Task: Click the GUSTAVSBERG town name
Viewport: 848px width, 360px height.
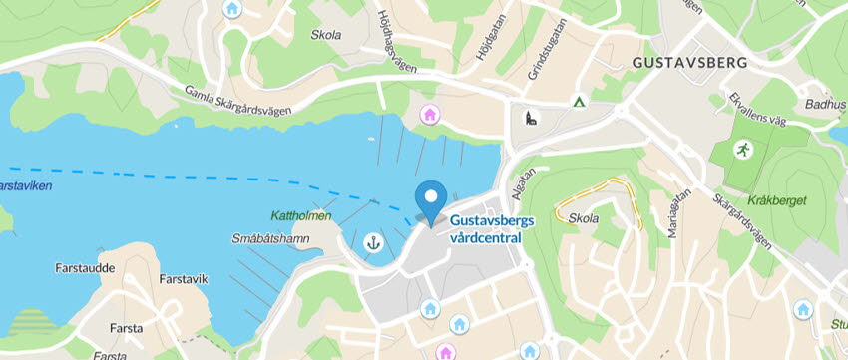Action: pos(688,63)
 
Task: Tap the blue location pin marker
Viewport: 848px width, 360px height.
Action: pos(431,202)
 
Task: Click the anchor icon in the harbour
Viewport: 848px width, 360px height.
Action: pos(374,241)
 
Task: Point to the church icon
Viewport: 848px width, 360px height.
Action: pos(529,121)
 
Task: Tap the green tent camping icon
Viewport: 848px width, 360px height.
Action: pos(577,101)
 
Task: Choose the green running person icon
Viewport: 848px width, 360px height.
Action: pos(742,149)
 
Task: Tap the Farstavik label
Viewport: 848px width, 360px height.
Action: pos(183,279)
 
